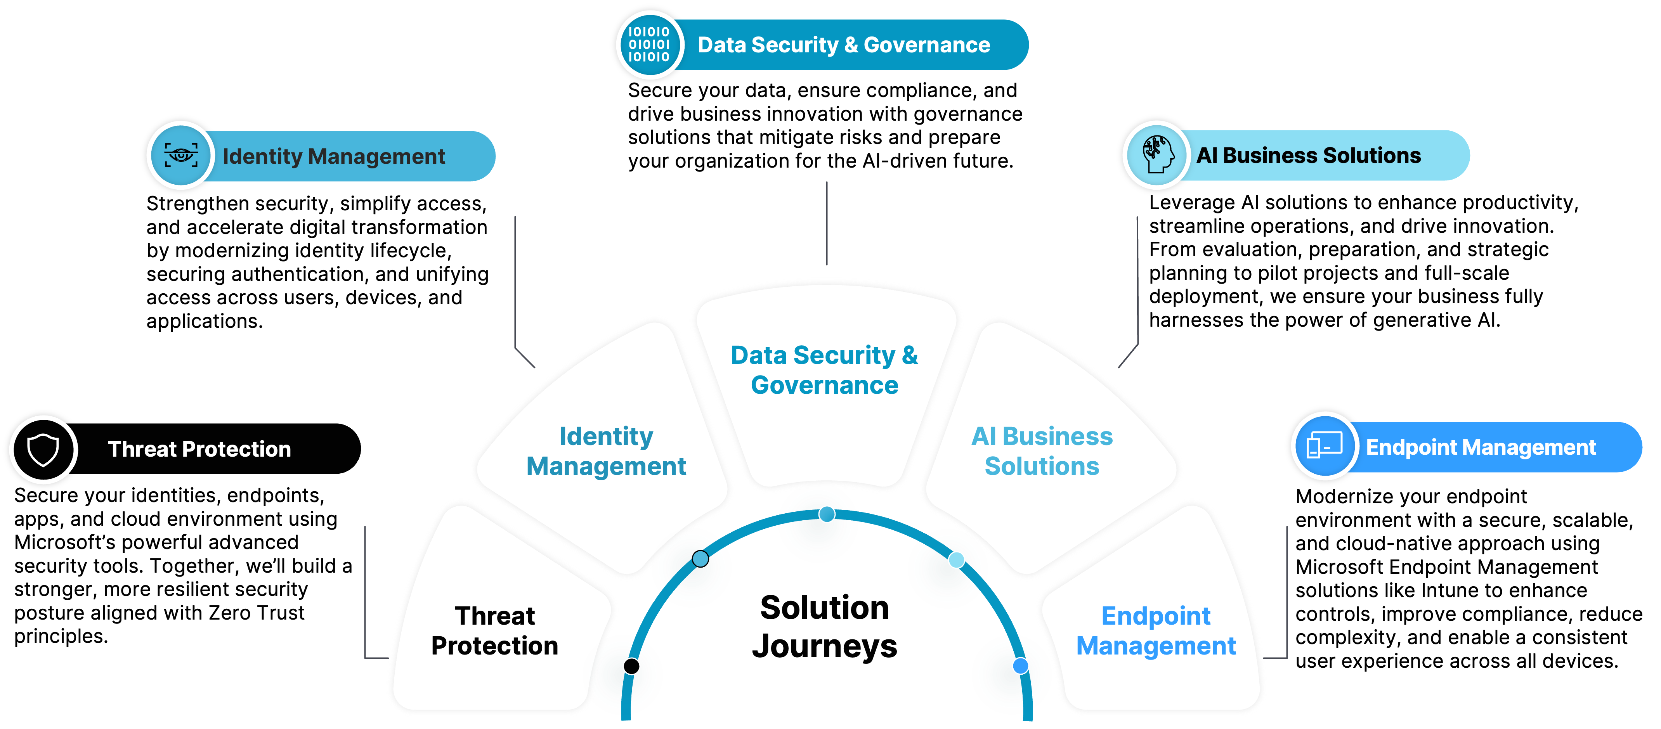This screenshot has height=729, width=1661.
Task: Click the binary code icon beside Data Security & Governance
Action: tap(649, 45)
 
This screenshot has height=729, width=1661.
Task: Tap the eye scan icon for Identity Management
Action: tap(181, 155)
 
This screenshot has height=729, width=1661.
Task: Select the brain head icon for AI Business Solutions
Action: tap(1157, 155)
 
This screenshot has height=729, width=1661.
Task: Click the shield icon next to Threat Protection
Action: tap(43, 449)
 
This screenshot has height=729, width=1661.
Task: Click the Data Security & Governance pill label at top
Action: tap(843, 45)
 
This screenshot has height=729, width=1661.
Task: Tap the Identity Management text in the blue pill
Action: tap(333, 157)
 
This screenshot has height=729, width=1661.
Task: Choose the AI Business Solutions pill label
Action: tap(1308, 155)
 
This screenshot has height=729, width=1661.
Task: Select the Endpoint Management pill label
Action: tap(1481, 447)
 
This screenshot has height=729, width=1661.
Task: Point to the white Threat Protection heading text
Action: tap(199, 449)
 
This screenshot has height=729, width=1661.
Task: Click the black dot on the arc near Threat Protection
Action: tap(631, 666)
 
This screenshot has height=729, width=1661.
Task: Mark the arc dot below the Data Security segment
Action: tap(827, 514)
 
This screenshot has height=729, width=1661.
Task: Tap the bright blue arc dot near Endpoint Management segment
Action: tap(1020, 666)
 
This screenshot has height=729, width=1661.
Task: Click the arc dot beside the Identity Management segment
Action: tap(700, 559)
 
